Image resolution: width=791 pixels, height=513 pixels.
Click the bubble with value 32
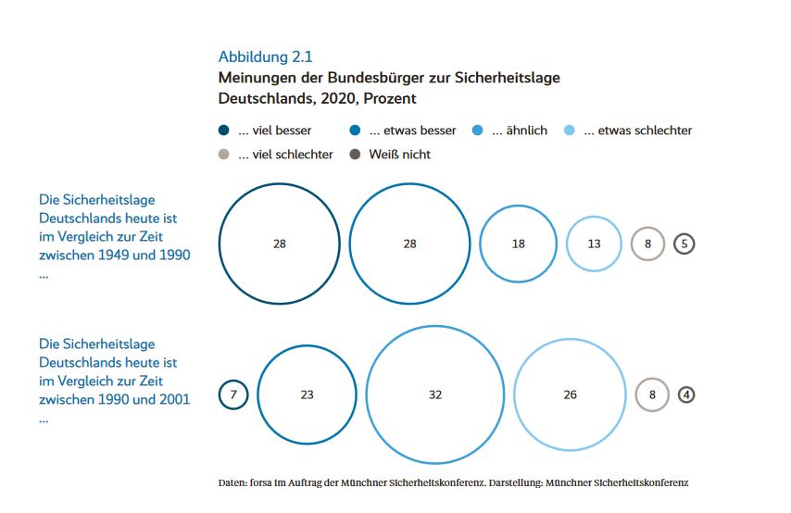pos(435,394)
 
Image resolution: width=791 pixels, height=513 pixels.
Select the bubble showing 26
pos(570,394)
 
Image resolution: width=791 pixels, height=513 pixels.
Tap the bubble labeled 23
pos(307,394)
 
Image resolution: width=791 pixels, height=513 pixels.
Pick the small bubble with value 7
pos(233,394)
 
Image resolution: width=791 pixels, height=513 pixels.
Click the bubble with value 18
pos(518,244)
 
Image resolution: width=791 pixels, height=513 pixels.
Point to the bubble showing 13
pos(594,244)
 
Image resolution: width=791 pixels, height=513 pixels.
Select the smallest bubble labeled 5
pos(684,244)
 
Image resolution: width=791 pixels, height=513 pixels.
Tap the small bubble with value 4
pos(686,394)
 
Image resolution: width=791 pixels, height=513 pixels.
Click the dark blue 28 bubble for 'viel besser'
pos(279,244)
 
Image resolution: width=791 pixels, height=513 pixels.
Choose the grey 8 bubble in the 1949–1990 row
pos(647,244)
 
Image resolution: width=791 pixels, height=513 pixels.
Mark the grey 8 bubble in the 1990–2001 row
pos(652,394)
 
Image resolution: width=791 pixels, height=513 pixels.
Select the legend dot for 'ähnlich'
pos(478,131)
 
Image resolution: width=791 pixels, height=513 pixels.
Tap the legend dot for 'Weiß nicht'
pos(355,155)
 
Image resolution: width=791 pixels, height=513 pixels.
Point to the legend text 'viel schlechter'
pos(285,155)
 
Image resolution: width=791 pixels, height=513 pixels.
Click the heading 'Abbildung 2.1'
pos(265,56)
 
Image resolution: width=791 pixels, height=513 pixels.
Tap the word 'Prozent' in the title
pos(390,98)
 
